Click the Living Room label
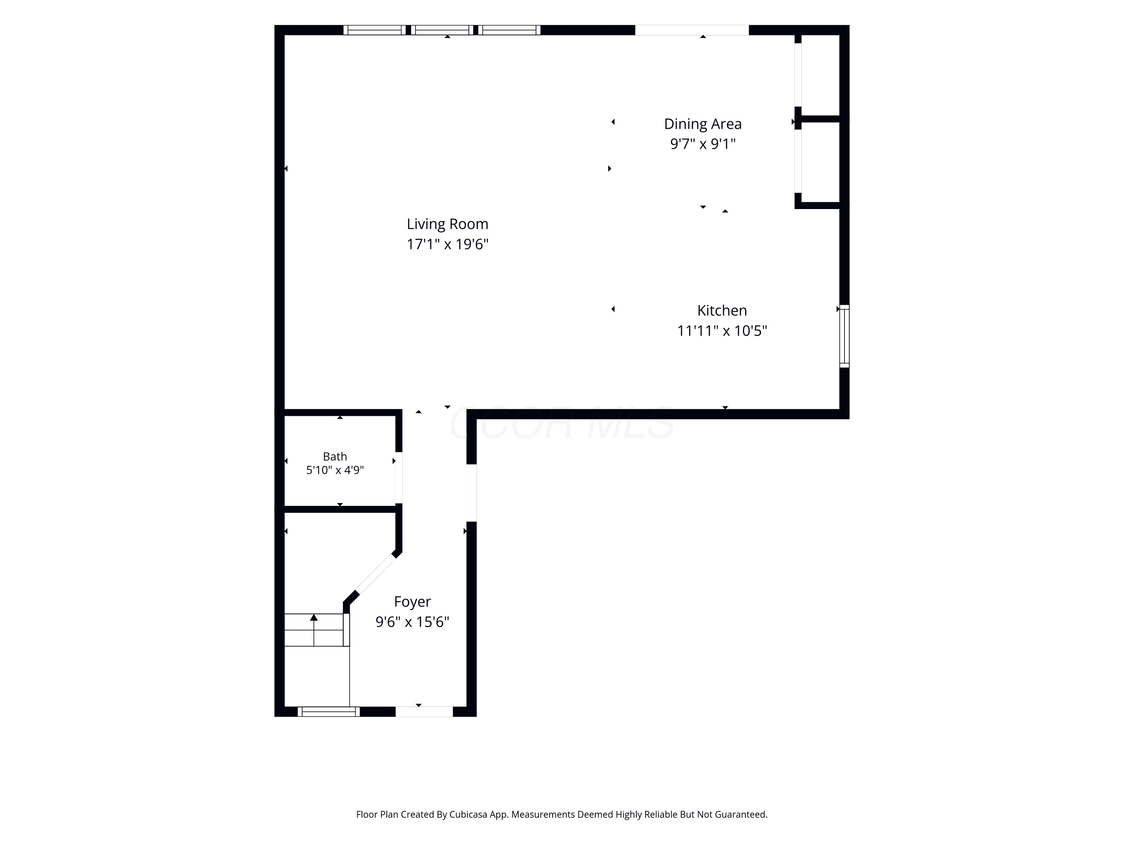447,224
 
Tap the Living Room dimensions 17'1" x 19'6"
447,244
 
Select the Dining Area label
703,124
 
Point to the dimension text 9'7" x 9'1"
703,144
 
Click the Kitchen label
722,311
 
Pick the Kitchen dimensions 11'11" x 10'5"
722,331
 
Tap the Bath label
335,456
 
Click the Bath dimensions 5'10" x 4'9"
335,470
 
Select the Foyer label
412,602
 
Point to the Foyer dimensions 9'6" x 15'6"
412,622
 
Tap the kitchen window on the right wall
844,336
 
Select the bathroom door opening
399,478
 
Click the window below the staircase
328,711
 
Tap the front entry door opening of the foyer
424,711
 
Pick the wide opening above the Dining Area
692,30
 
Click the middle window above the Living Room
442,30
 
